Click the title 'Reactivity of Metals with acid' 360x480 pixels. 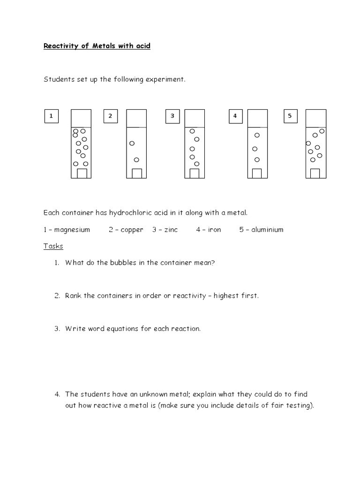[x=97, y=46]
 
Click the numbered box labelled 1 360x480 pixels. [x=51, y=116]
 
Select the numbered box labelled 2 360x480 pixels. [x=110, y=116]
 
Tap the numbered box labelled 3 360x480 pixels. [x=172, y=116]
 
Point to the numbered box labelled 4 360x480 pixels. [x=235, y=116]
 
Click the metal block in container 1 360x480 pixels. [x=82, y=174]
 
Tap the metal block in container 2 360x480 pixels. [x=137, y=174]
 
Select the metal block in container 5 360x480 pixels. [x=315, y=174]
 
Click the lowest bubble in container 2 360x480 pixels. [x=136, y=160]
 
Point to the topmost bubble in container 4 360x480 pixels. [x=257, y=135]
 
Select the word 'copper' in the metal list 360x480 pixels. [x=132, y=230]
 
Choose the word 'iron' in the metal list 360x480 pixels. [x=214, y=230]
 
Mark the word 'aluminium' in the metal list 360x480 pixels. [x=267, y=230]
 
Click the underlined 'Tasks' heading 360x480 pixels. [x=53, y=246]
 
